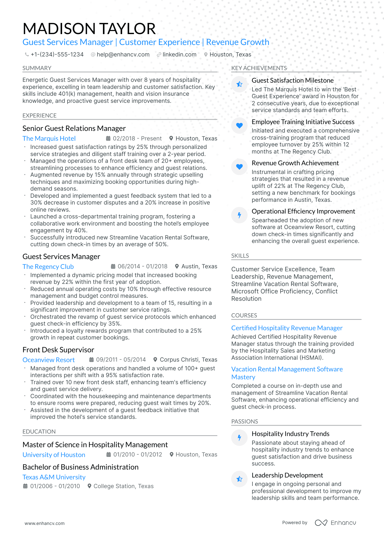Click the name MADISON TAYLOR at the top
tap(89, 29)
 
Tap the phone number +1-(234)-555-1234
tap(57, 55)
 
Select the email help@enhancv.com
tap(123, 55)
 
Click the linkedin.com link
tap(179, 55)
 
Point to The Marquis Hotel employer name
tap(49, 139)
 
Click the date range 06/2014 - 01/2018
tap(142, 266)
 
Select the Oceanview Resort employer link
tap(48, 360)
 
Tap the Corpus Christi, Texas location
tap(188, 360)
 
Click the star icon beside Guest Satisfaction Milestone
tap(239, 84)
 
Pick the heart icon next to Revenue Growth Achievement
tap(239, 167)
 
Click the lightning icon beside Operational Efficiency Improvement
tap(239, 215)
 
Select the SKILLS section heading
tap(240, 256)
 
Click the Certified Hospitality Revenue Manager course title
tap(287, 328)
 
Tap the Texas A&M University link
tap(54, 477)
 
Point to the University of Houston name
tap(54, 455)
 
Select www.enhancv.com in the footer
tap(45, 523)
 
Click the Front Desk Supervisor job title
tap(58, 350)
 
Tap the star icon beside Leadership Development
tap(239, 479)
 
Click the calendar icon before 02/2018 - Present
tap(108, 139)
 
